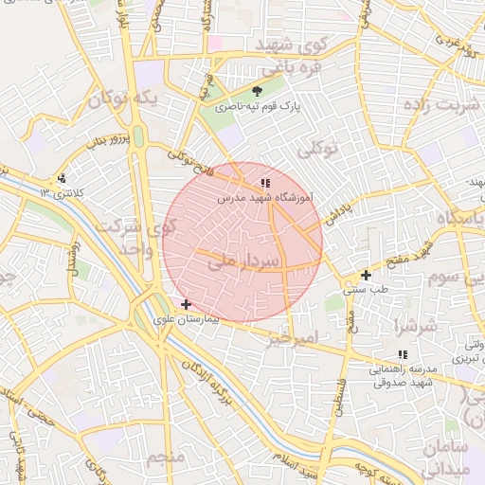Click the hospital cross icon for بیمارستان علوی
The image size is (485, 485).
click(x=185, y=305)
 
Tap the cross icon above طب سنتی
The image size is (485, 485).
click(x=366, y=275)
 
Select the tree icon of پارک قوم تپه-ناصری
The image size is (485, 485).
click(x=258, y=92)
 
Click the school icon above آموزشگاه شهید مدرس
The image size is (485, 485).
click(x=265, y=182)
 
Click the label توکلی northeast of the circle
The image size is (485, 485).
click(x=317, y=150)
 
